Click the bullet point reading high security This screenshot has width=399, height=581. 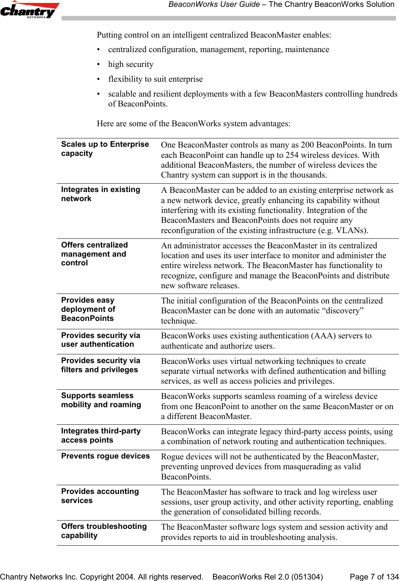point(130,64)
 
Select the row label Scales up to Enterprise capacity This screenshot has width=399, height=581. point(105,149)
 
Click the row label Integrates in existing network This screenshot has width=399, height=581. point(100,194)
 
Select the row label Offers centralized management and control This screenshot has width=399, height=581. point(94,254)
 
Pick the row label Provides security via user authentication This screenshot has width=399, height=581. point(100,340)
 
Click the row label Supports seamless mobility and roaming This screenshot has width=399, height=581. point(101,400)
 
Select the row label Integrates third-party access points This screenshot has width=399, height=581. point(101,435)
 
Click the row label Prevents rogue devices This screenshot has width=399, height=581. point(105,456)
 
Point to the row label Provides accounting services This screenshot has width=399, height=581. point(100,496)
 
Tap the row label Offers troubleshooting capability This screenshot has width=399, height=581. point(104,531)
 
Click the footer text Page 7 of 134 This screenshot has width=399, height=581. point(374,577)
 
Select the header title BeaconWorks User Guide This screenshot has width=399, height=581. point(214,5)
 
